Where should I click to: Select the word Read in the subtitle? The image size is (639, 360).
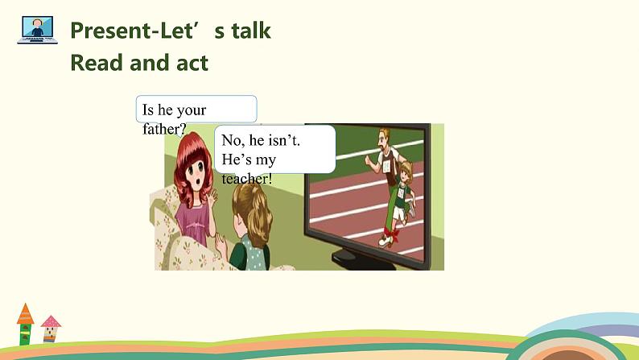(x=98, y=63)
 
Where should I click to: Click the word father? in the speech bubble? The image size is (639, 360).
(x=164, y=128)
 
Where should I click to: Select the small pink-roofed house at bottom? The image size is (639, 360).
(x=51, y=329)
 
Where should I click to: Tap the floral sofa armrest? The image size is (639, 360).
(x=165, y=217)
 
